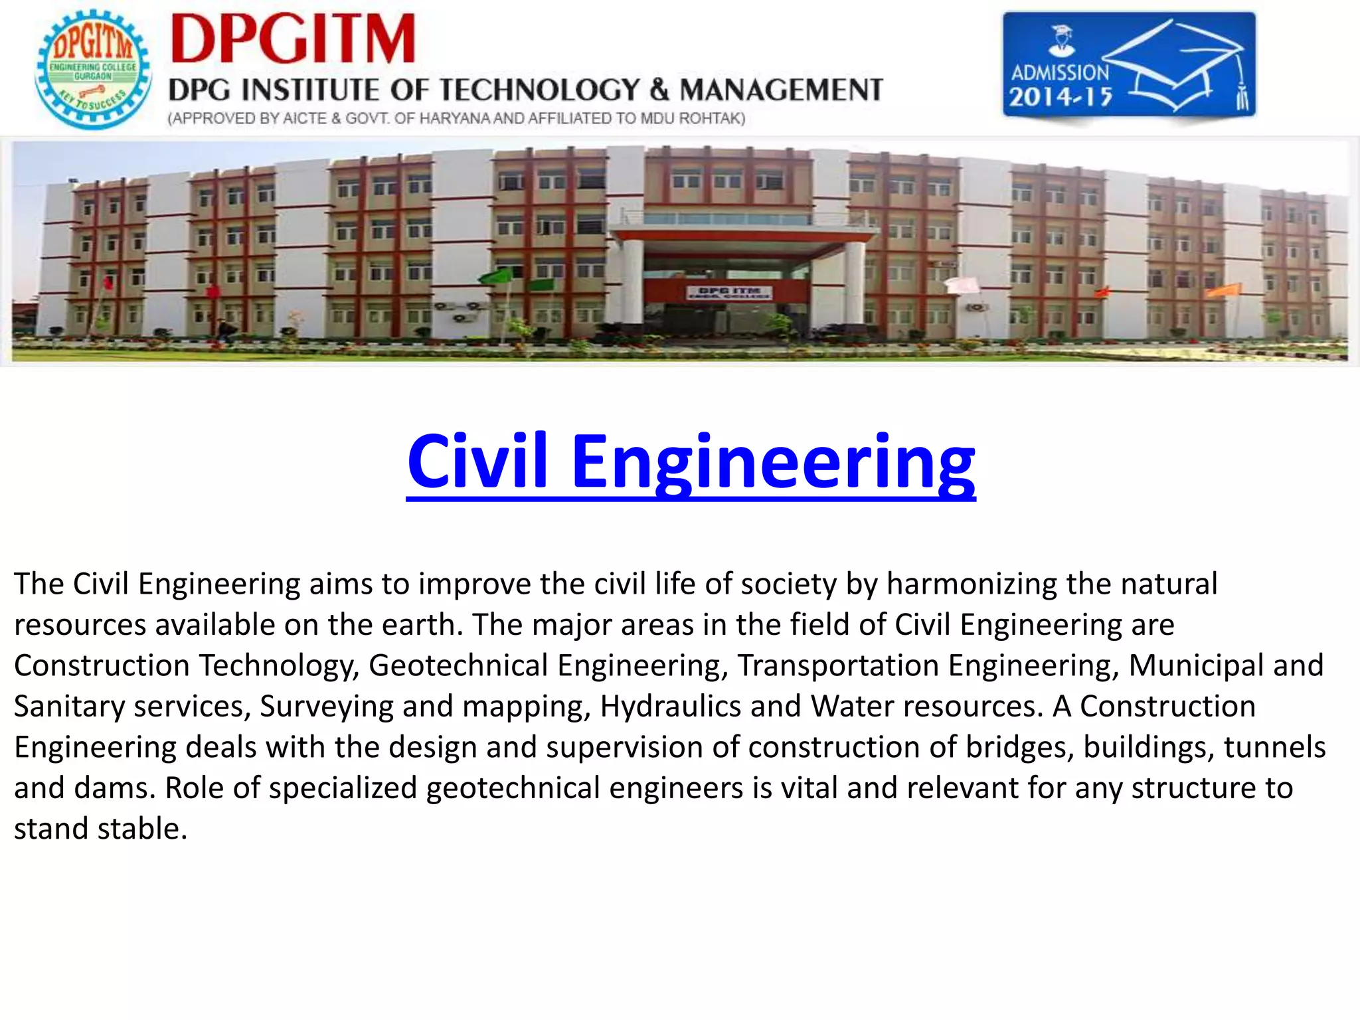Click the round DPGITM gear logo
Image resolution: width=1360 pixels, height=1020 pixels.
93,70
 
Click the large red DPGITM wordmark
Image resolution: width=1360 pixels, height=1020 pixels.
293,40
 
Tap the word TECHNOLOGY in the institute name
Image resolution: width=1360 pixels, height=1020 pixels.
540,90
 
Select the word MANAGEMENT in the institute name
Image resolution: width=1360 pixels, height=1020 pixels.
782,90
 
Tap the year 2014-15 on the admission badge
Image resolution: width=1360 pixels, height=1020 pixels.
1061,98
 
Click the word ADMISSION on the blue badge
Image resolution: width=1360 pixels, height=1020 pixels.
1060,72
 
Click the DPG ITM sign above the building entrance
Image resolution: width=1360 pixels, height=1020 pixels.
729,292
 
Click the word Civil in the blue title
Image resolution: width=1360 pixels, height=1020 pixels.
477,461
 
